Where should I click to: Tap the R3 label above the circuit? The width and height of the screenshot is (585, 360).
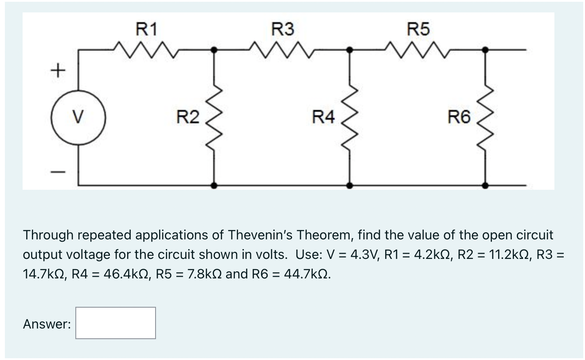point(282,30)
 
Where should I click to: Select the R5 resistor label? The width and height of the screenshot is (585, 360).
point(418,30)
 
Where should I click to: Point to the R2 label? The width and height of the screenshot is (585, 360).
point(188,117)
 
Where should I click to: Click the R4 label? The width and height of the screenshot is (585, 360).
point(324,117)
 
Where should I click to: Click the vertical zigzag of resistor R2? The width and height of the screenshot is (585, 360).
point(214,117)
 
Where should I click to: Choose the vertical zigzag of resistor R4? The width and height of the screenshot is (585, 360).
point(350,117)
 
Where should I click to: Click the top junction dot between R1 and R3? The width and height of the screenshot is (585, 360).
point(214,50)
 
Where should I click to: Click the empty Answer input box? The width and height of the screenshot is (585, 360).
point(115,323)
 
